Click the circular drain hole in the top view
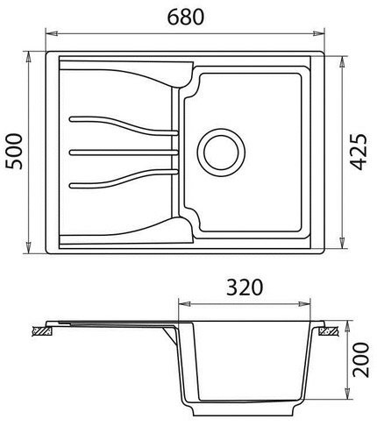[x=217, y=151]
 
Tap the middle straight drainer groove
[x=123, y=153]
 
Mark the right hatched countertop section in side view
[x=328, y=332]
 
